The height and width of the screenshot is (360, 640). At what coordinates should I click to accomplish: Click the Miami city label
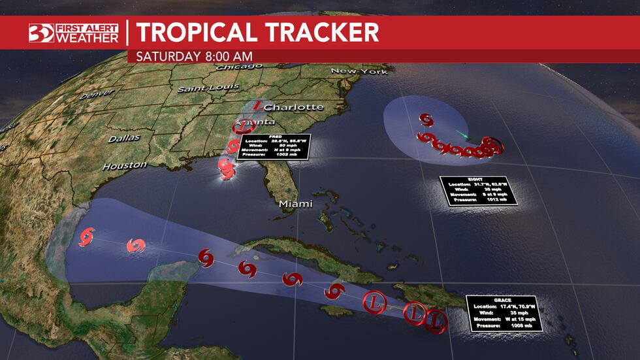(x=296, y=204)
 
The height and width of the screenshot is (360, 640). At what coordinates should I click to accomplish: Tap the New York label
(x=359, y=71)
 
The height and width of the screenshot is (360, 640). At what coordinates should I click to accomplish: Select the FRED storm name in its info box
(x=274, y=137)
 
